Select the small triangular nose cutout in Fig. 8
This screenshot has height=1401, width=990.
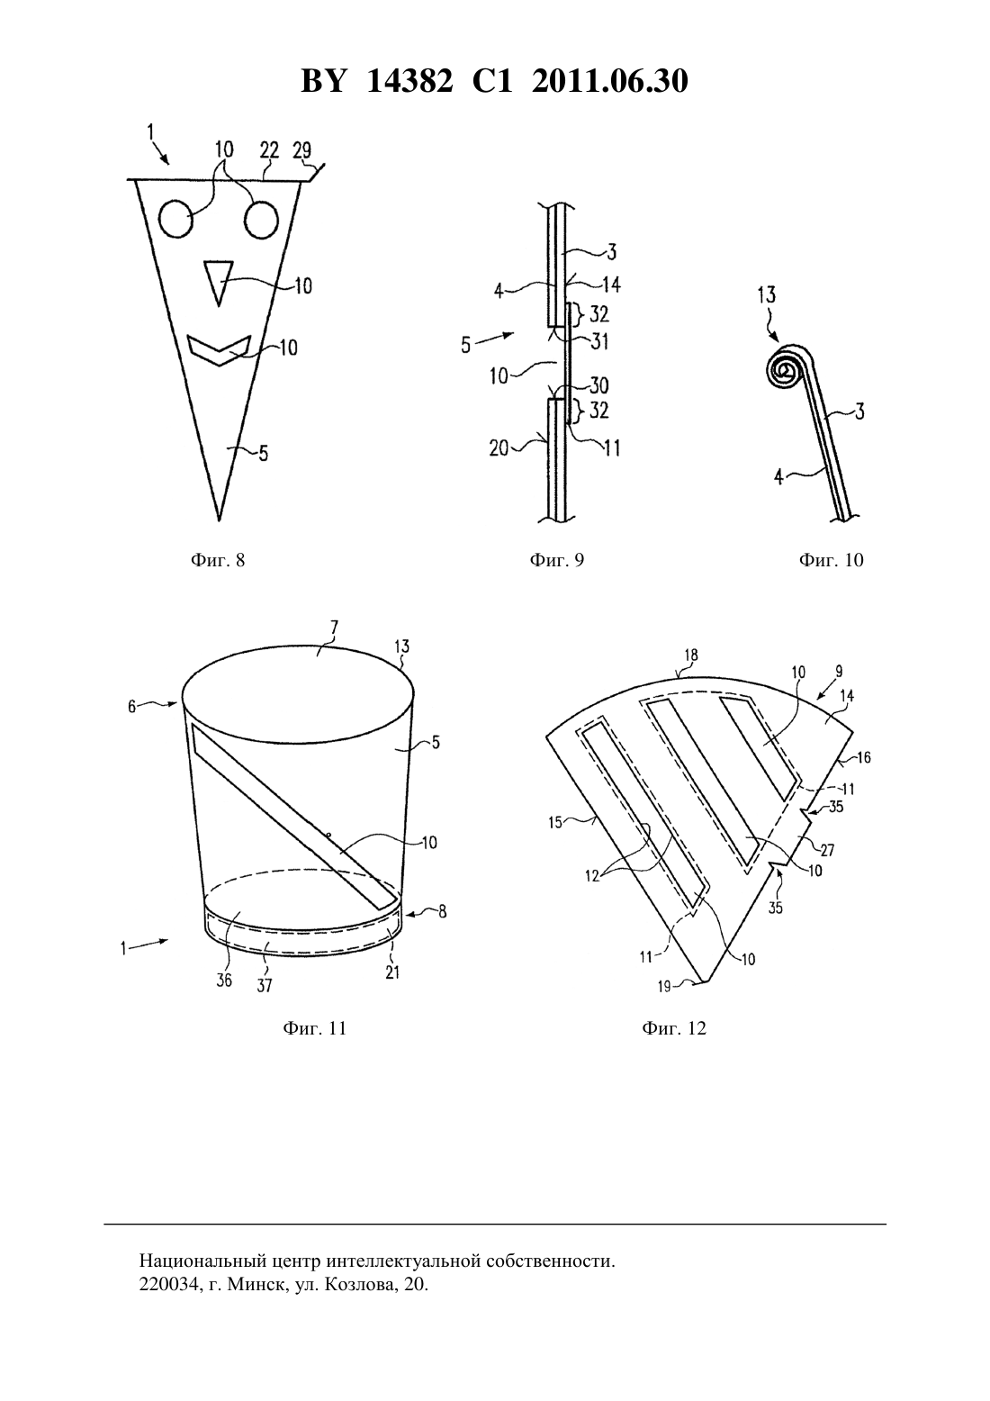[x=218, y=283]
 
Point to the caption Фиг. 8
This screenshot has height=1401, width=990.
[x=218, y=560]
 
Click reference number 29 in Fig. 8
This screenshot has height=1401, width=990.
[x=301, y=150]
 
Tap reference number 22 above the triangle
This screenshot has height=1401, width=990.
[x=269, y=150]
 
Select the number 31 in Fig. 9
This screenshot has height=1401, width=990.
[x=598, y=341]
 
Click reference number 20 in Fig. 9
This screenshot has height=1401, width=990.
[x=499, y=447]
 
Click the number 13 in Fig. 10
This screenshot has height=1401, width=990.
[x=767, y=294]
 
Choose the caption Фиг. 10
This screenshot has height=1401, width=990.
[x=832, y=560]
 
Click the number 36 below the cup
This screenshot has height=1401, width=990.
[x=224, y=981]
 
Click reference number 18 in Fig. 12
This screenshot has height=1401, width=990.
[x=690, y=655]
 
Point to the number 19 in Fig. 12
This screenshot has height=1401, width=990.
[x=664, y=986]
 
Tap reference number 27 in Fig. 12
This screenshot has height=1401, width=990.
[x=830, y=849]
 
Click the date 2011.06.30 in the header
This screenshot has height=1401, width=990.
[x=609, y=81]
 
